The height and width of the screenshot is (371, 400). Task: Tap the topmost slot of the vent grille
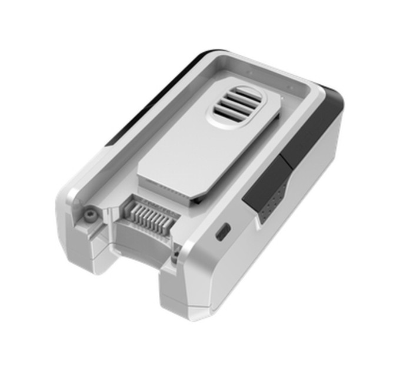(x=241, y=93)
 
